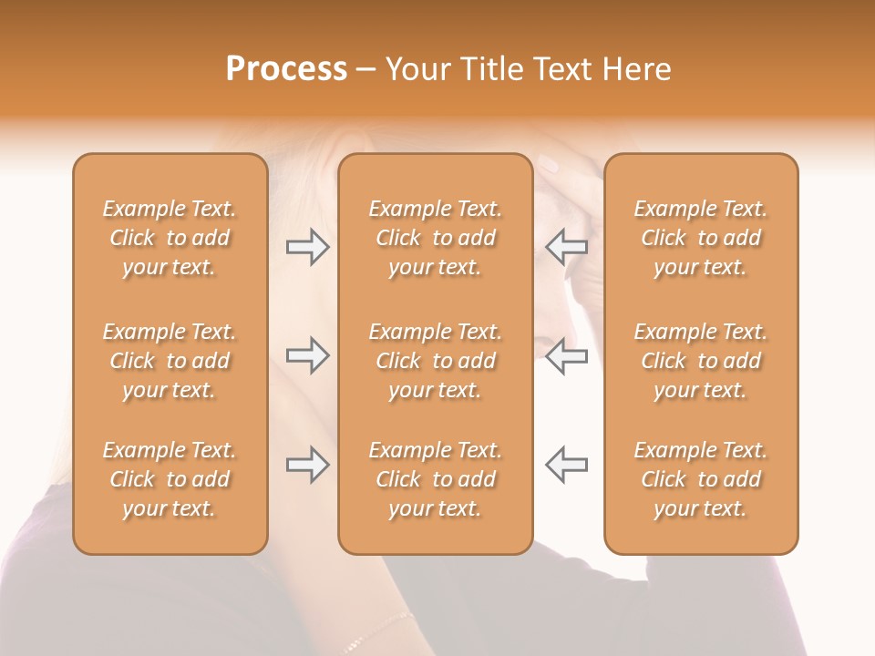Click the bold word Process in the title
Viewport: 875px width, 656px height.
286,69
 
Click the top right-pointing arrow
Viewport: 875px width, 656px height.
308,247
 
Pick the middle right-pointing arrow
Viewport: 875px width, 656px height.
308,355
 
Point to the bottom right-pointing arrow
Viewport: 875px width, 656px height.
308,465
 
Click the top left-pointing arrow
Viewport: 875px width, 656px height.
566,247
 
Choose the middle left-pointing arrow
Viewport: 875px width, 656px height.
566,355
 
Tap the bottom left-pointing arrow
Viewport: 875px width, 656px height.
566,465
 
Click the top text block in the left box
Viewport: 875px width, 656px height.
170,238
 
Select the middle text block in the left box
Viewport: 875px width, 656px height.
170,361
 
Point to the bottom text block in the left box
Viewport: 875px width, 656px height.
170,479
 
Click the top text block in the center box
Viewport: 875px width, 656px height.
435,238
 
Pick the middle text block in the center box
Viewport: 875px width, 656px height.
435,361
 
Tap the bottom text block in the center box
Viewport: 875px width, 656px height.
435,479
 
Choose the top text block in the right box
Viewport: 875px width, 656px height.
700,238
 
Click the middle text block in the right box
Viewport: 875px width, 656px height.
700,361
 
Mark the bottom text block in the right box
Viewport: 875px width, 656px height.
700,479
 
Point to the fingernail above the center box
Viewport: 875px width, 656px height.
549,165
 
